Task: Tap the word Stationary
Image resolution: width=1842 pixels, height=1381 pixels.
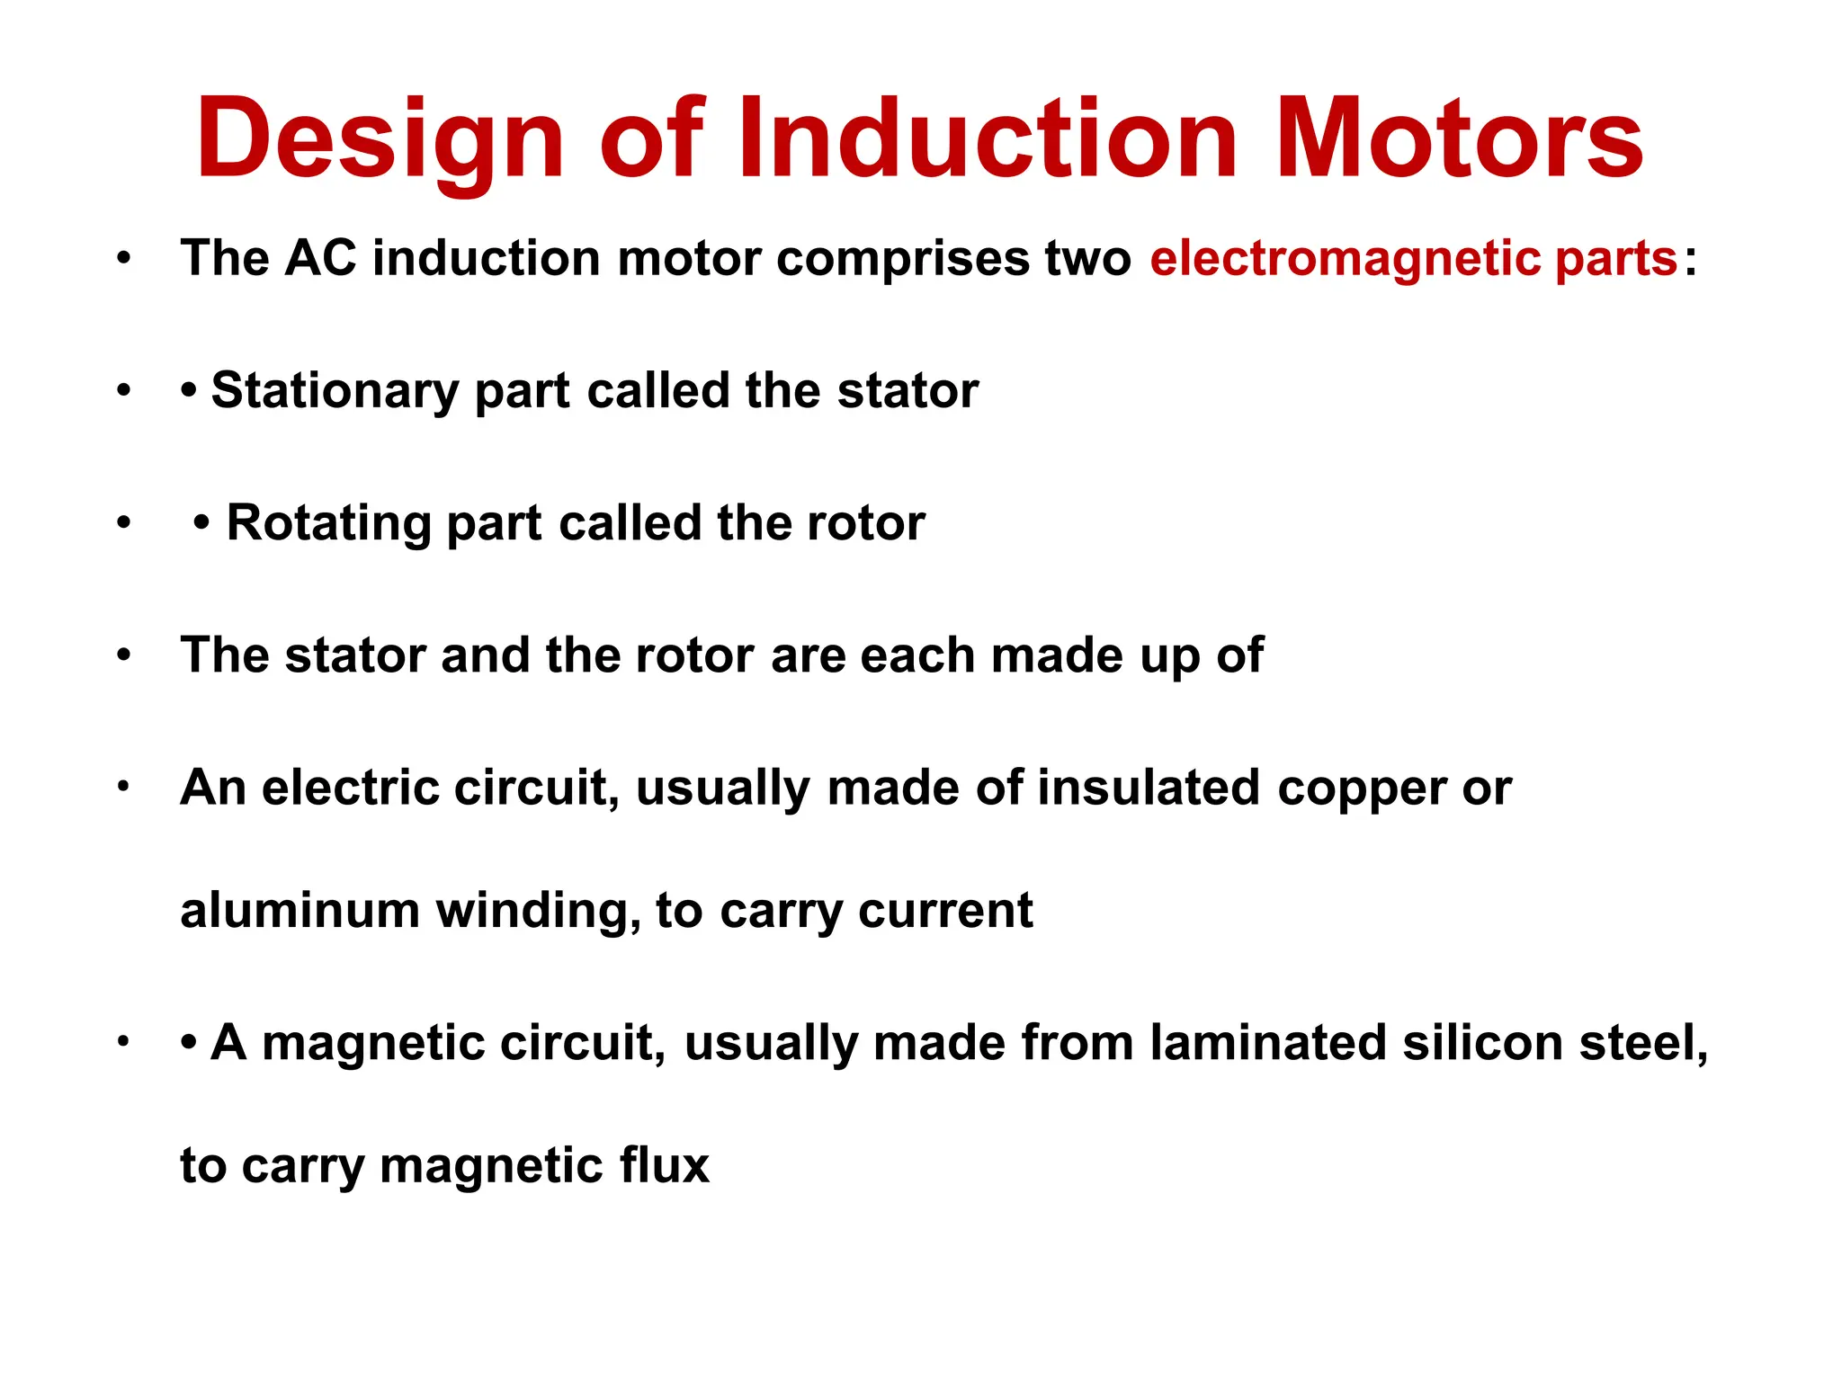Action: [335, 391]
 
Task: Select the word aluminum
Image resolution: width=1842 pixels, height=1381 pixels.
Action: [300, 910]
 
